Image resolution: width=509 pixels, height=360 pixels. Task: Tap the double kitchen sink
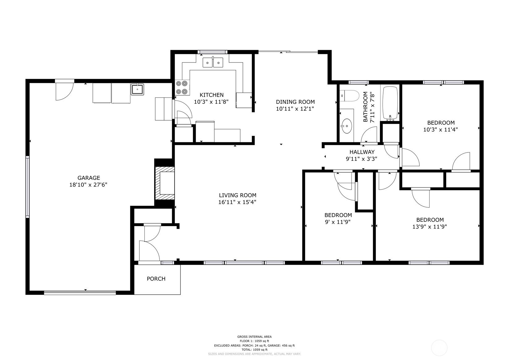[x=213, y=62]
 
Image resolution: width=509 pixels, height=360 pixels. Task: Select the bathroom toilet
[x=349, y=96]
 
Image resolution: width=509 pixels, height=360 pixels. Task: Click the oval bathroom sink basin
[x=346, y=126]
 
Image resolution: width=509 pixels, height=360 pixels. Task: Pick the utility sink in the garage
[x=137, y=89]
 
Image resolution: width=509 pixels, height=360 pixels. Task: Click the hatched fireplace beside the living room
[x=164, y=183]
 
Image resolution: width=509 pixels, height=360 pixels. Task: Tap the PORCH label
[x=156, y=279]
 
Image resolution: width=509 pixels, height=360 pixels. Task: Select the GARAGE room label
[x=89, y=178]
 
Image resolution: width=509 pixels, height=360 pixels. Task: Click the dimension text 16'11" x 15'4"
[x=237, y=202]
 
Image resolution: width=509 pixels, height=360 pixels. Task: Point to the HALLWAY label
[x=362, y=152]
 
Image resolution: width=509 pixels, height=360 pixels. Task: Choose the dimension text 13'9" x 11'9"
[x=430, y=227]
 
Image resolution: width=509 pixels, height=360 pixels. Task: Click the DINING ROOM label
[x=295, y=102]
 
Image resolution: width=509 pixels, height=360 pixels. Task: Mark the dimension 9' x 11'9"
[x=338, y=222]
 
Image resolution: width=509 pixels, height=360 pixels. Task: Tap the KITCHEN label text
[x=212, y=95]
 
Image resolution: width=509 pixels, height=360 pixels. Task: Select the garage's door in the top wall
[x=65, y=91]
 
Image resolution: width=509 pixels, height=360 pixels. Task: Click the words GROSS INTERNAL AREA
[x=255, y=337]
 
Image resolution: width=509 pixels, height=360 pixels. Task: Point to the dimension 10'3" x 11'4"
[x=440, y=130]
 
